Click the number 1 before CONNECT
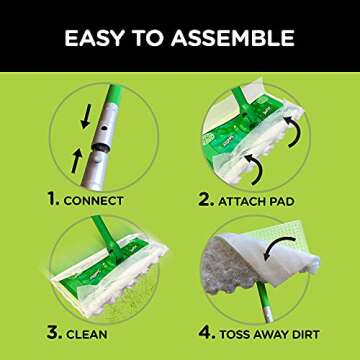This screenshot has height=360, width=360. click(x=55, y=199)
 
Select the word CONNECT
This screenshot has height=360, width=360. click(x=98, y=199)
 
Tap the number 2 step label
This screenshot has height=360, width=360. click(x=208, y=199)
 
